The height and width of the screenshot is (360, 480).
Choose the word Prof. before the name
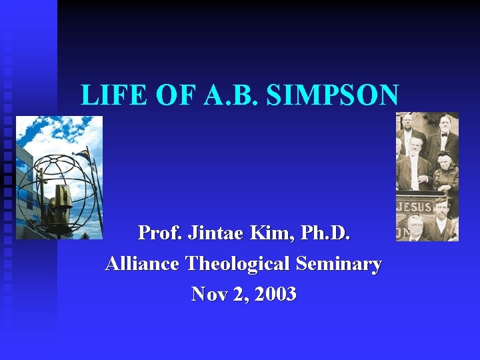tap(159, 233)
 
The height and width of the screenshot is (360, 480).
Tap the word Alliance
tap(142, 264)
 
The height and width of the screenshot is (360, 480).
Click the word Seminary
tap(339, 264)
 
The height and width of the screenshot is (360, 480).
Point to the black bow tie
tap(443, 135)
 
